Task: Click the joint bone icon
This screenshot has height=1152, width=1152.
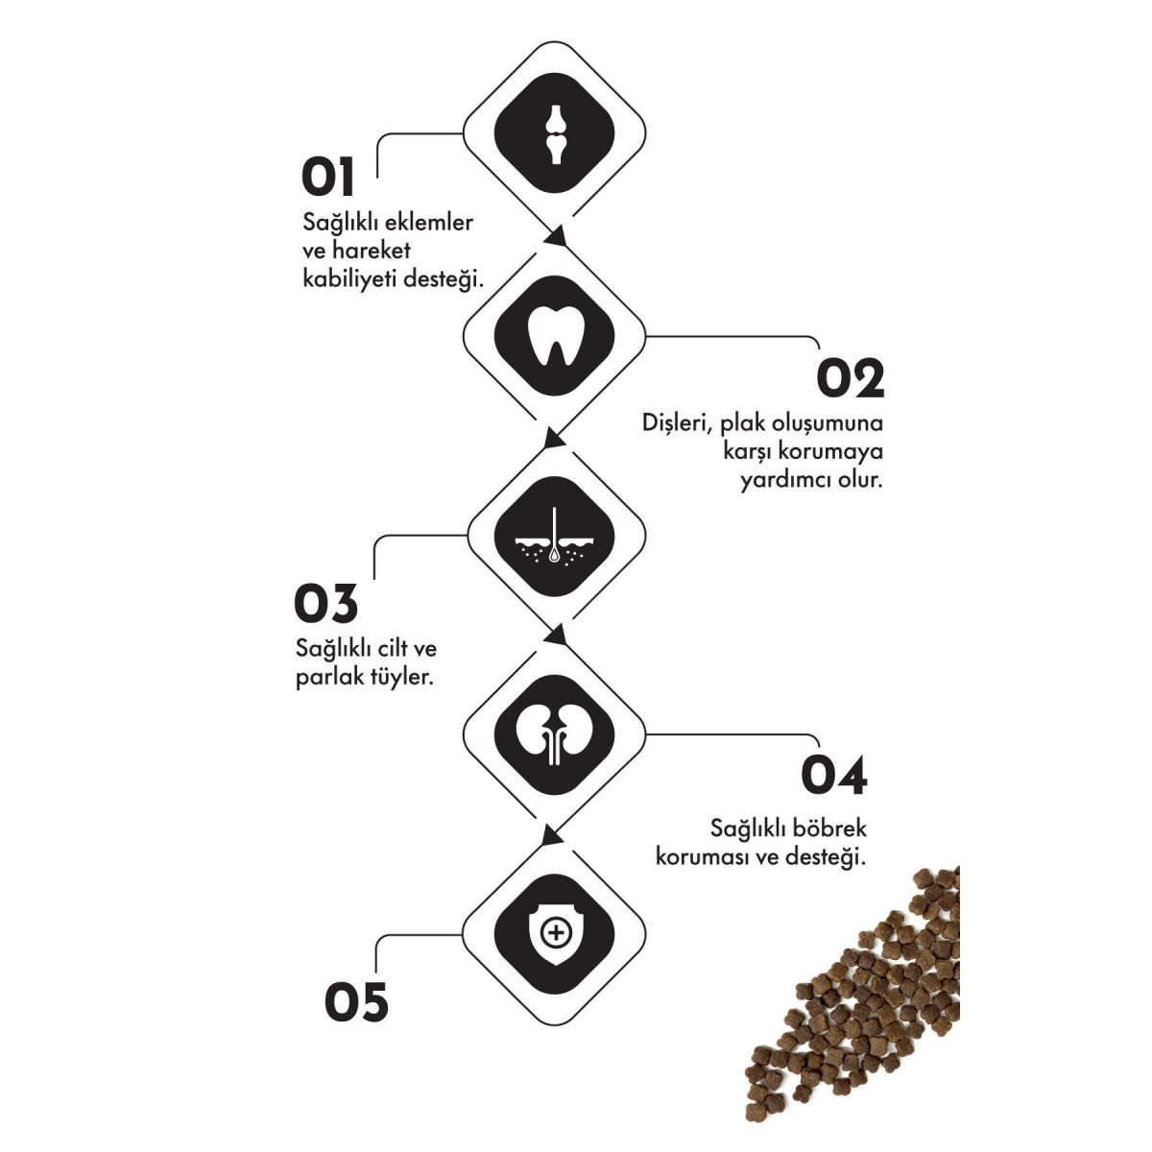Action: [x=554, y=133]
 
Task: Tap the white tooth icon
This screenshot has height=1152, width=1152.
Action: [x=554, y=335]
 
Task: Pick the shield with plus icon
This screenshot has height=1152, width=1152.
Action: [x=554, y=933]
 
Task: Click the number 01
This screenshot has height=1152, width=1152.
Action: [x=327, y=178]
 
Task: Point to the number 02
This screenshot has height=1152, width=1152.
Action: [x=850, y=378]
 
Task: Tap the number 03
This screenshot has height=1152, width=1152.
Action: [x=325, y=603]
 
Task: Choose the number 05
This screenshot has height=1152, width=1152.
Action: [x=356, y=1002]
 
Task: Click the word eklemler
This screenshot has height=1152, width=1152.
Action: [x=428, y=223]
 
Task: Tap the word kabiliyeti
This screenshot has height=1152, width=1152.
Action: [x=348, y=279]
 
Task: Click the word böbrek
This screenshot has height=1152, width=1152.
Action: [x=828, y=828]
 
